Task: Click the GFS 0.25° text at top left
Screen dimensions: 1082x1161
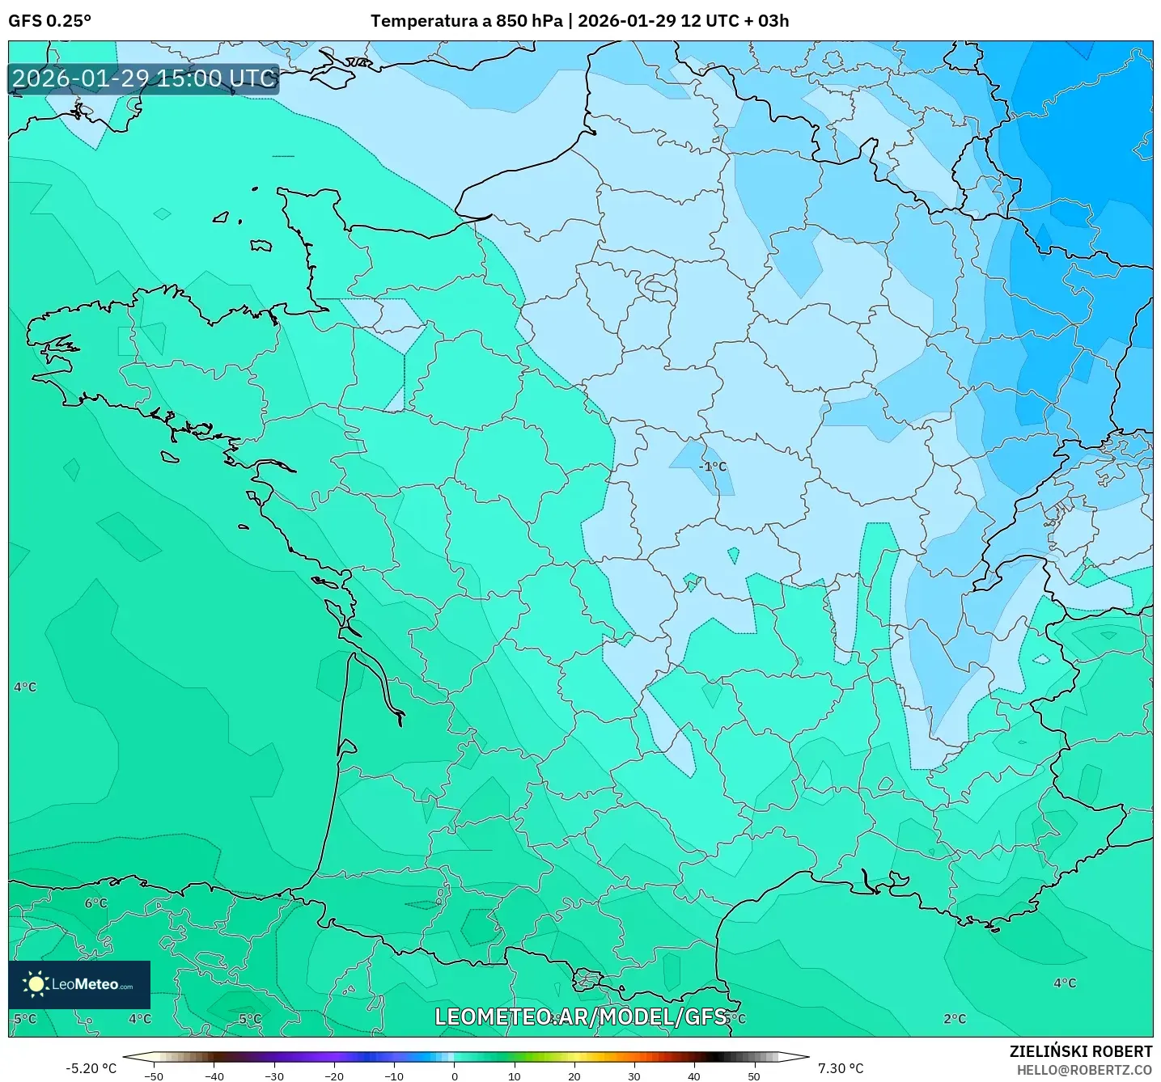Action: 49,21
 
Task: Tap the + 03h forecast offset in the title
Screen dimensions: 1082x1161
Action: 765,21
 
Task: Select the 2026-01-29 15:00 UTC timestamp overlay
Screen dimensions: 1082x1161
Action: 144,78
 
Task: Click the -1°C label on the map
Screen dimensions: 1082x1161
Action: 713,467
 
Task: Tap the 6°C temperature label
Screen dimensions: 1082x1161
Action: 95,902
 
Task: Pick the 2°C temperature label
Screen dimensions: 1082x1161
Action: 955,1018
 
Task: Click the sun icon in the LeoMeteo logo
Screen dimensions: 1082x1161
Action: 36,983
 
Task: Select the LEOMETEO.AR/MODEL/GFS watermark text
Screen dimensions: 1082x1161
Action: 580,1016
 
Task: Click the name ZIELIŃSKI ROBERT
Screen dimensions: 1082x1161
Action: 1081,1051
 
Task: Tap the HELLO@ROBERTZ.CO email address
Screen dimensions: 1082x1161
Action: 1084,1070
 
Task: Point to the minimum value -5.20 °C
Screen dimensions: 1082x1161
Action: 91,1068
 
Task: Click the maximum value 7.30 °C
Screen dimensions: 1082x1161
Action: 841,1068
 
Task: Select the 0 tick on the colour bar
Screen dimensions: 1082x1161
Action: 455,1076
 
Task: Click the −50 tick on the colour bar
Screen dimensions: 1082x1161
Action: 153,1076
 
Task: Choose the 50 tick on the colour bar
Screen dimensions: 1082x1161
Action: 754,1076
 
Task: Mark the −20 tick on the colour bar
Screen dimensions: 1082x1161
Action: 333,1076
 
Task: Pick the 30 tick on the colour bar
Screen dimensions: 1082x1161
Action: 634,1076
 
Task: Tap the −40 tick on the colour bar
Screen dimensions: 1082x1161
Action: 214,1076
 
